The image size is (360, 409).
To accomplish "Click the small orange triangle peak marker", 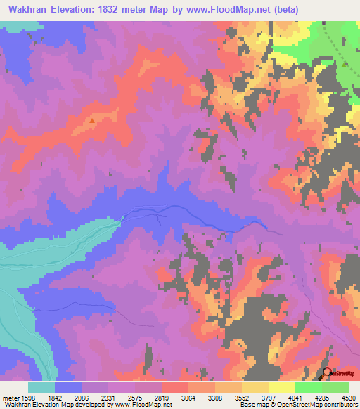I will (x=92, y=120).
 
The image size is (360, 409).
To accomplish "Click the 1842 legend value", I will (x=55, y=397).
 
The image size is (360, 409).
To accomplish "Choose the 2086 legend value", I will (x=82, y=397).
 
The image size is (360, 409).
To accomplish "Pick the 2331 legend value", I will (x=108, y=397).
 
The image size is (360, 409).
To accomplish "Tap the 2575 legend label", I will (x=135, y=397).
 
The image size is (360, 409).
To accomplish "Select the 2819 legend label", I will (x=162, y=397).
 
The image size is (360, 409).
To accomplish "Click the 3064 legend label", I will (x=188, y=397).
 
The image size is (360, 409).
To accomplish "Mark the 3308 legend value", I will (x=215, y=397).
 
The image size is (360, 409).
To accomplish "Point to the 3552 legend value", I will (x=242, y=397).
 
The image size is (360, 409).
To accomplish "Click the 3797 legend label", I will (x=269, y=397).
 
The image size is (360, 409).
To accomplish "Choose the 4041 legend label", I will (x=295, y=397).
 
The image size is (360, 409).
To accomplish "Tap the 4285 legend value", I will (x=322, y=397).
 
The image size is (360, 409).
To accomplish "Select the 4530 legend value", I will (x=347, y=397).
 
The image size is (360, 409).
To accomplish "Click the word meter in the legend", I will (x=9, y=397).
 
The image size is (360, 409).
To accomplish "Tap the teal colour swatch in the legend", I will (x=41, y=387).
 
